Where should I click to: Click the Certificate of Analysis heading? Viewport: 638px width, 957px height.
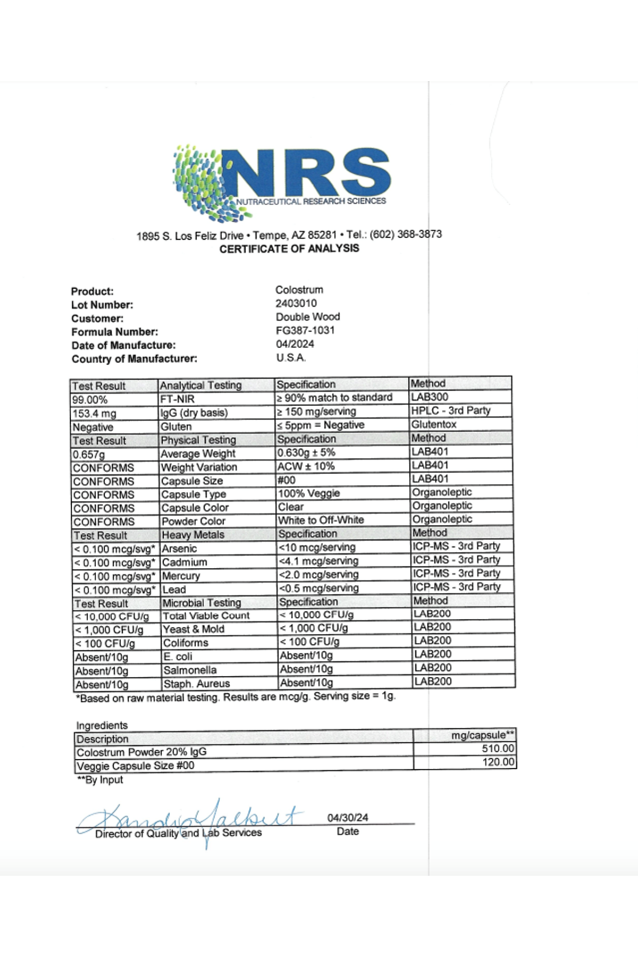[x=289, y=249]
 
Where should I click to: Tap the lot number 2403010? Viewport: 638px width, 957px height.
[x=296, y=304]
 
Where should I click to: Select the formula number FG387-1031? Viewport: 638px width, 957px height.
[x=305, y=330]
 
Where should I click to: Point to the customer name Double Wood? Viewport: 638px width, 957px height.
[x=308, y=317]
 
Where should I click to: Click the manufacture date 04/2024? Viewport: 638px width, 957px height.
[x=295, y=344]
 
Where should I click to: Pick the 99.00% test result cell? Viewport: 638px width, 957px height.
[x=90, y=400]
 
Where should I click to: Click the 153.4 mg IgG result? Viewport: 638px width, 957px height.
[x=94, y=414]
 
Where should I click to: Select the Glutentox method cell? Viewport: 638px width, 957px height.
[x=434, y=424]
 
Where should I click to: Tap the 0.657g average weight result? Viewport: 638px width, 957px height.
[x=89, y=455]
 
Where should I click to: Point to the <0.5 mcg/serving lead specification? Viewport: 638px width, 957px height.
[x=318, y=588]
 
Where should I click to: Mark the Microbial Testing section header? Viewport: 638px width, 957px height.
[x=202, y=603]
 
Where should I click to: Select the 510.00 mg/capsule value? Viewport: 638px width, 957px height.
[x=498, y=749]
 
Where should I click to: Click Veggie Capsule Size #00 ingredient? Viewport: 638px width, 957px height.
[x=136, y=766]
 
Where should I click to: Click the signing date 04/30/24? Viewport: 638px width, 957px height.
[x=348, y=818]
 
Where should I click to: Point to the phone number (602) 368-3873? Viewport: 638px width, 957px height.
[x=406, y=234]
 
